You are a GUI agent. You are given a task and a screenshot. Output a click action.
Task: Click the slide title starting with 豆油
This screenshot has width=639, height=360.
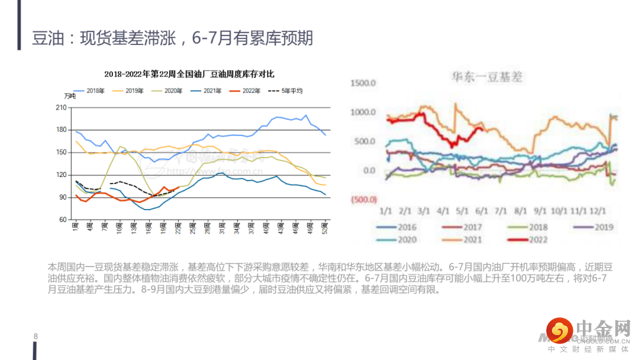[x=172, y=39]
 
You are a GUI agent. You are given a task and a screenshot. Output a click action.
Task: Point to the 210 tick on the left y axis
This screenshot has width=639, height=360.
[x=60, y=107]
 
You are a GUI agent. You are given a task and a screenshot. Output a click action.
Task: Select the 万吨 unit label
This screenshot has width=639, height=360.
[x=70, y=96]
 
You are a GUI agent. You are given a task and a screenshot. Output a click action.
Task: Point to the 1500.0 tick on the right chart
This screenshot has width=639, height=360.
[x=363, y=83]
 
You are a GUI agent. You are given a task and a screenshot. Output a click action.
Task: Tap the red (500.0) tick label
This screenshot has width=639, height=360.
[x=363, y=200]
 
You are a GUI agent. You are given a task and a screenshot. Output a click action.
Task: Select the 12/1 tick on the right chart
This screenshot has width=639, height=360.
[x=599, y=211]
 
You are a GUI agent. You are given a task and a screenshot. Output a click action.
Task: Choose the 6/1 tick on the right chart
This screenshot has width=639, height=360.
[x=482, y=211]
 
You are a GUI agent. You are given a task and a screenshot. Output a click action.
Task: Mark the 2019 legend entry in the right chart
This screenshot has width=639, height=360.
[x=602, y=227]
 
